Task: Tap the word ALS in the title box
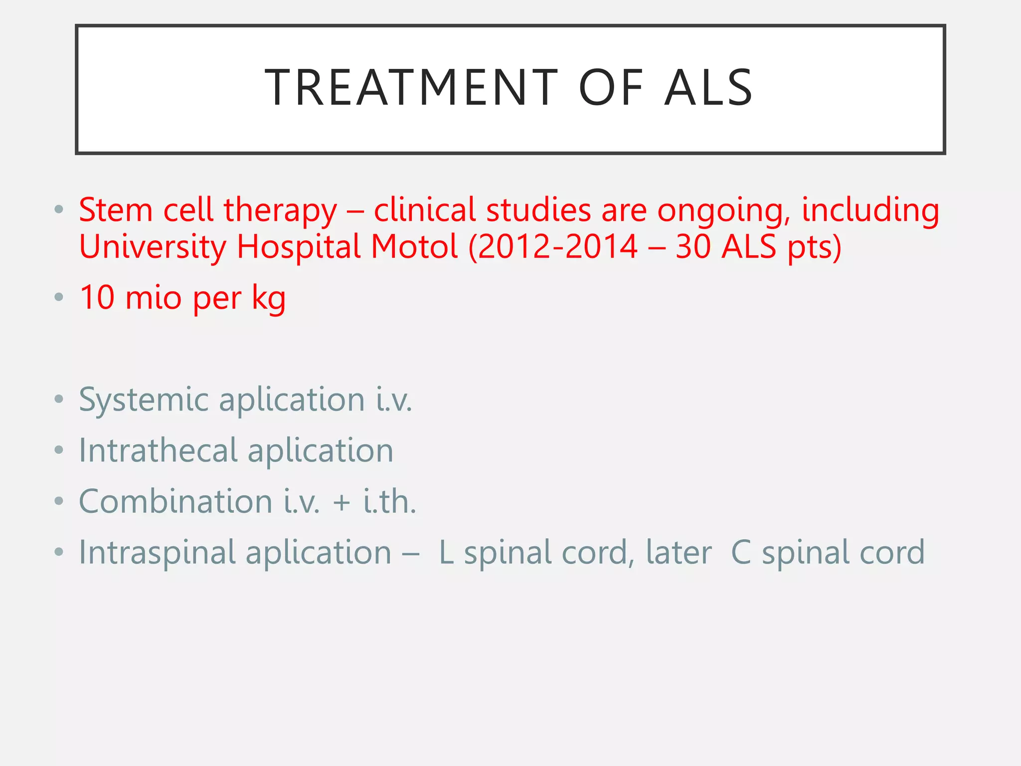pyautogui.click(x=708, y=88)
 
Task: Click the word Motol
pyautogui.click(x=414, y=246)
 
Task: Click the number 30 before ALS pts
pyautogui.click(x=693, y=246)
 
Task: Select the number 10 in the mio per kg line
pyautogui.click(x=97, y=298)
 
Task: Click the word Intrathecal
pyautogui.click(x=158, y=450)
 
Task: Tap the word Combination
pyautogui.click(x=175, y=501)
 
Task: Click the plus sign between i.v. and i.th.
pyautogui.click(x=341, y=502)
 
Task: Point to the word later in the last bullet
pyautogui.click(x=679, y=553)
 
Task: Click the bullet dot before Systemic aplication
pyautogui.click(x=59, y=399)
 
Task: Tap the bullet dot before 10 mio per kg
pyautogui.click(x=59, y=298)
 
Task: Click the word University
pyautogui.click(x=153, y=247)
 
